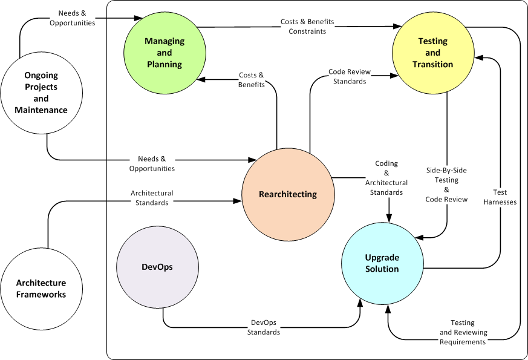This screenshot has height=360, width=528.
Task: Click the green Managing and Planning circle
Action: coord(164,52)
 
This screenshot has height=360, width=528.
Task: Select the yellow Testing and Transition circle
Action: coord(433,53)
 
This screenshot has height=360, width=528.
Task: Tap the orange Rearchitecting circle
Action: coord(288,194)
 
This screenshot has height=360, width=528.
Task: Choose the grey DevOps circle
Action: coord(157,267)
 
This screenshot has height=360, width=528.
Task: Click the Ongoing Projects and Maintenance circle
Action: coord(41,93)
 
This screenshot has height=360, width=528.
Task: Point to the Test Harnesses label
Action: coord(500,197)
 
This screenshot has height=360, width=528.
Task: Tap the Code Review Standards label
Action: coord(347,76)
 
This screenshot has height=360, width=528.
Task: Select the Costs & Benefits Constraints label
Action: coord(307,26)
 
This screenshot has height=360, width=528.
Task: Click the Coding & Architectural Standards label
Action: coord(386,178)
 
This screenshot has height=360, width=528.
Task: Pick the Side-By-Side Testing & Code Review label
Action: coord(446,185)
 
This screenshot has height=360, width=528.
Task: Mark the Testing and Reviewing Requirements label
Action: coord(463,333)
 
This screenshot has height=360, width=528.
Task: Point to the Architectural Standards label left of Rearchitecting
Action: coord(152,198)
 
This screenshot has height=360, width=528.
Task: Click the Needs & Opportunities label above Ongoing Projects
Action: coord(77,18)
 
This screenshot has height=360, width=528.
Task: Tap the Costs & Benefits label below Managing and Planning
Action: coord(252,80)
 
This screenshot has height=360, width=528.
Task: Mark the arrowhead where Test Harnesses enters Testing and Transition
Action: coord(479,58)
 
